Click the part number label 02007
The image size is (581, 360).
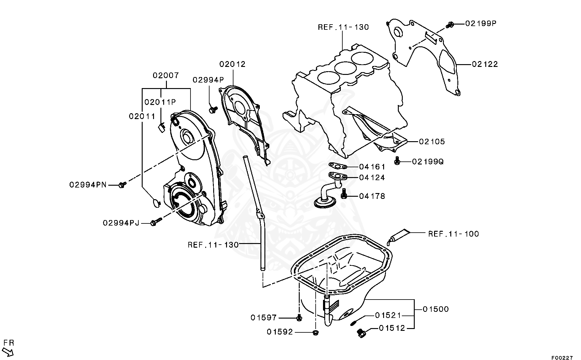click(x=166, y=75)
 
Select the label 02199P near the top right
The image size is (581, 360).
click(x=481, y=23)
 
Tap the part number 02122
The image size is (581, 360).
click(x=485, y=64)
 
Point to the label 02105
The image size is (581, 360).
click(x=432, y=141)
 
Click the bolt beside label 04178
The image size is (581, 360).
click(x=344, y=193)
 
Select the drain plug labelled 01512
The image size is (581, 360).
click(x=361, y=333)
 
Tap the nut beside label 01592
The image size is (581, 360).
click(x=315, y=332)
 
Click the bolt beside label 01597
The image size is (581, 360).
click(x=299, y=318)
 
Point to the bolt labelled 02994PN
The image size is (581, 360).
click(x=122, y=184)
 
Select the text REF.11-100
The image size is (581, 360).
click(x=453, y=234)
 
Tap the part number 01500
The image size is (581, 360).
click(x=436, y=309)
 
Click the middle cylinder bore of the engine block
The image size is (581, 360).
click(x=345, y=68)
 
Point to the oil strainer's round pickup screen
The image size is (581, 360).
click(x=325, y=203)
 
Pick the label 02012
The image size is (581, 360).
click(x=233, y=64)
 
